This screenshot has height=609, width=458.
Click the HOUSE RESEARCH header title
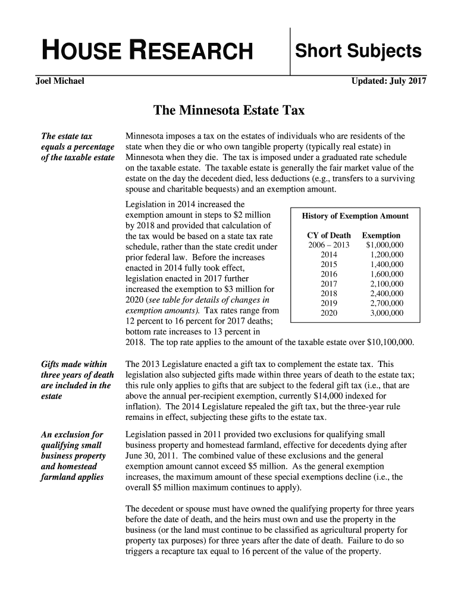[x=146, y=52]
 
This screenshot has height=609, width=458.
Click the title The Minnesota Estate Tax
[x=229, y=111]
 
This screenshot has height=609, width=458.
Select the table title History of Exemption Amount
[x=355, y=216]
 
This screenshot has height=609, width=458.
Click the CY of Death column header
[x=328, y=236]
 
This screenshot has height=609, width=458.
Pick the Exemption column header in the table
[x=381, y=236]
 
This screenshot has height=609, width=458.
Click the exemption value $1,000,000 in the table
[x=384, y=245]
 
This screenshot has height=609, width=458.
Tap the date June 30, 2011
[x=152, y=456]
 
